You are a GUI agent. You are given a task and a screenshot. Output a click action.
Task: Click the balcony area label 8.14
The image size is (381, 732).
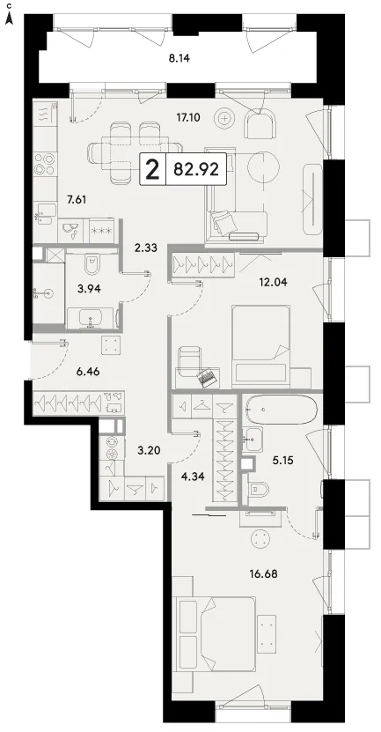tap(180, 58)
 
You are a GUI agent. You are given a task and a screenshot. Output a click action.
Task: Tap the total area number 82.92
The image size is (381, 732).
tap(196, 169)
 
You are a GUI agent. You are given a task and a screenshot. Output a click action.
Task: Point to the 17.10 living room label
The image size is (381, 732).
tap(188, 118)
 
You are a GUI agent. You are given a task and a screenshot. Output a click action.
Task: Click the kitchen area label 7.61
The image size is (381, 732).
tap(77, 200)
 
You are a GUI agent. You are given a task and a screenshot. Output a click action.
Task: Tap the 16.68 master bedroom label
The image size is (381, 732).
tap(264, 573)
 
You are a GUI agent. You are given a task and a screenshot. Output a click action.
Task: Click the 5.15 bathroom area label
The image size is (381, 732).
tap(283, 461)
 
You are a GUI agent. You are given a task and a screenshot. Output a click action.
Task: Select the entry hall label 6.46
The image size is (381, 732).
tap(88, 372)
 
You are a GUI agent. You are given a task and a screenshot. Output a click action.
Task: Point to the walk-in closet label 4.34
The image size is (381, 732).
tap(192, 477)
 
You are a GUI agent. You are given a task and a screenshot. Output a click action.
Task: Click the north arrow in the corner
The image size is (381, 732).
tap(9, 18)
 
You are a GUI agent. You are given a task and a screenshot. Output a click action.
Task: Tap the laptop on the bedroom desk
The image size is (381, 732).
tap(208, 377)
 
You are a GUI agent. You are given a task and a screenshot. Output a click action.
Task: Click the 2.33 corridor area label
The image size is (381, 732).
tap(145, 248)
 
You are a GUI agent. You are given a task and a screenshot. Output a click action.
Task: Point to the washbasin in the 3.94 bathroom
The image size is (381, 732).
tap(91, 320)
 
